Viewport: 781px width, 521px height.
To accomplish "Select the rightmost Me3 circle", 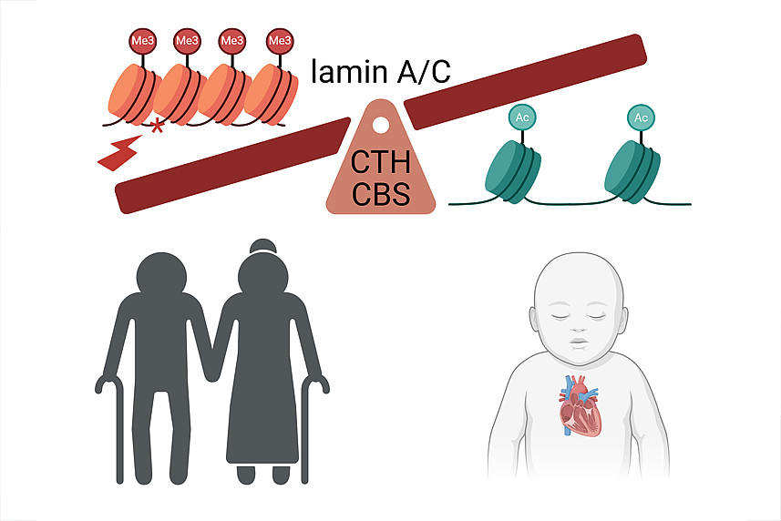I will pos(279,41).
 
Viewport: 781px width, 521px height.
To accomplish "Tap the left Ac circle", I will pos(522,118).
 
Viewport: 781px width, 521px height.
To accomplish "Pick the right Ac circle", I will pos(641,118).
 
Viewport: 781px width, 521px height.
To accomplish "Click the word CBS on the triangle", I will pos(381,195).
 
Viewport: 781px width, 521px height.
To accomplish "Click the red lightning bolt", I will pos(120,154).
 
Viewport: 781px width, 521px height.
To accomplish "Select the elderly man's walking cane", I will pos(112,428).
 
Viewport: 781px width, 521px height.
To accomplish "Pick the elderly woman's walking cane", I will pos(310,428).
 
